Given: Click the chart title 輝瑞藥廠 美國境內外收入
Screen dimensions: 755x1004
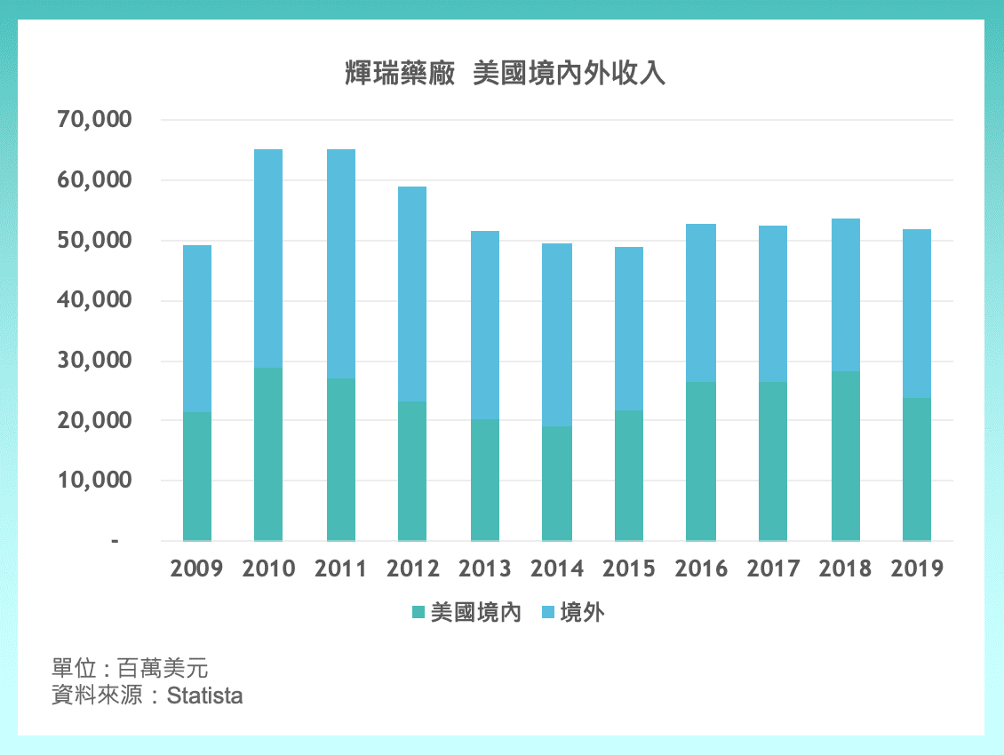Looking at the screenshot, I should pos(505,74).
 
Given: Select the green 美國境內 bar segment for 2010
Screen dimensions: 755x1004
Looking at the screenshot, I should pos(268,454).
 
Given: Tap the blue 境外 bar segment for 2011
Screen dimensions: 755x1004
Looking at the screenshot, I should pos(340,264).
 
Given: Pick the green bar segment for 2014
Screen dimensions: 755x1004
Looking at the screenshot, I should pos(557,483).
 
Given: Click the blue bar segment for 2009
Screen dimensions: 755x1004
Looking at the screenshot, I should pos(196,329).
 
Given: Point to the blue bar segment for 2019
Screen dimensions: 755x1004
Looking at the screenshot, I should pos(917,314).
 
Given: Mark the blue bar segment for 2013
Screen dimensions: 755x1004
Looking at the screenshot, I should pos(485,325).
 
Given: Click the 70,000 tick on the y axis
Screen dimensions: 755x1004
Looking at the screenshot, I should pos(94,120).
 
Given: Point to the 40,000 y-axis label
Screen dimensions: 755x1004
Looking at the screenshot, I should pos(94,300).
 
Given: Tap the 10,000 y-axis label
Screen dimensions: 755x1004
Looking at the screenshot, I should pos(94,481).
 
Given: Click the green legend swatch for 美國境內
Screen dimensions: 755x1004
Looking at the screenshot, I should pos(418,613).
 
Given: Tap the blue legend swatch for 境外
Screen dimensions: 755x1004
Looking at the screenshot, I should pos(547,613).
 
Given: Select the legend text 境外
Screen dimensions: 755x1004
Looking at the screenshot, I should pos(582,613).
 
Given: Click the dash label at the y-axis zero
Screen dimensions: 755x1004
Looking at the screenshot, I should pos(115,540).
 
